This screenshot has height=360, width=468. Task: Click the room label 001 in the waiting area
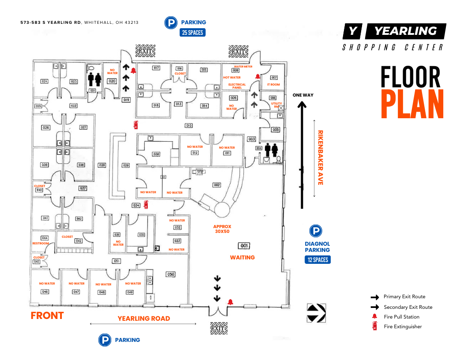point(244,246)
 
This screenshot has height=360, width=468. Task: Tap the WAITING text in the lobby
point(242,257)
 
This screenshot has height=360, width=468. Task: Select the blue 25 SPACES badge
point(192,32)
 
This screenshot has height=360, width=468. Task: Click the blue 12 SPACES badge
point(318,259)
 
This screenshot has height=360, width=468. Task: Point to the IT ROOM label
point(273,84)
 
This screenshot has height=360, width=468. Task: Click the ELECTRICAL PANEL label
point(237,86)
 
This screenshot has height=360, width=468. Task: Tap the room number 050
point(170,274)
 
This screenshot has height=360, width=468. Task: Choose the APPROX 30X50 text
point(222,229)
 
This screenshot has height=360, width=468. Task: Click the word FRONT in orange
point(47,315)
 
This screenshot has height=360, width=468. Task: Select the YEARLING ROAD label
point(143,319)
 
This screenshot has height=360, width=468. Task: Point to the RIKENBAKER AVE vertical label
point(321,157)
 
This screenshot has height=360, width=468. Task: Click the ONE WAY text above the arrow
point(302,95)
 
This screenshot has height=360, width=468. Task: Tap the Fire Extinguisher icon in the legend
point(375,326)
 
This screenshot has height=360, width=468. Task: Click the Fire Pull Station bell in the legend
point(375,316)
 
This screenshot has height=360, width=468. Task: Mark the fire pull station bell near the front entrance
point(230,302)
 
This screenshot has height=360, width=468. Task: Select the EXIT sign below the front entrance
point(218,328)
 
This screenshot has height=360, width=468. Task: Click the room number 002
point(217,185)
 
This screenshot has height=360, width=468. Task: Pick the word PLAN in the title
point(412,105)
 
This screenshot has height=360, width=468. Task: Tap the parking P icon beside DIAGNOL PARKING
point(315,231)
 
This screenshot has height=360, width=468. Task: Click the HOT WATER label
point(232,77)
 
